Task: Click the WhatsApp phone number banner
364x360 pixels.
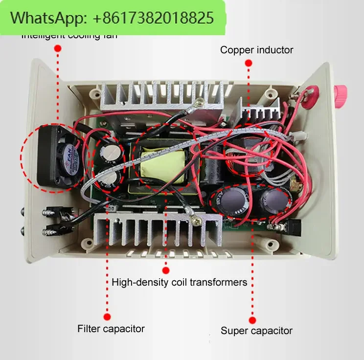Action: point(113,18)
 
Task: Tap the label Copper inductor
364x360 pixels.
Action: point(256,49)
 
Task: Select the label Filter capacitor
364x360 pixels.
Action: point(111,328)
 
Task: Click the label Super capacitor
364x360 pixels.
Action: point(256,331)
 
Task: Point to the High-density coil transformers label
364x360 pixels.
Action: point(179,282)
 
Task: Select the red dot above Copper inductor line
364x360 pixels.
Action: point(249,63)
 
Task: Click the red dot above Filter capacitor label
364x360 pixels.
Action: point(108,316)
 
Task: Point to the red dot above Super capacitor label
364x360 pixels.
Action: point(252,320)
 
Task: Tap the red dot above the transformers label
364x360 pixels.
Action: point(166,270)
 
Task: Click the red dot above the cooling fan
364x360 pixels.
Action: point(58,48)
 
